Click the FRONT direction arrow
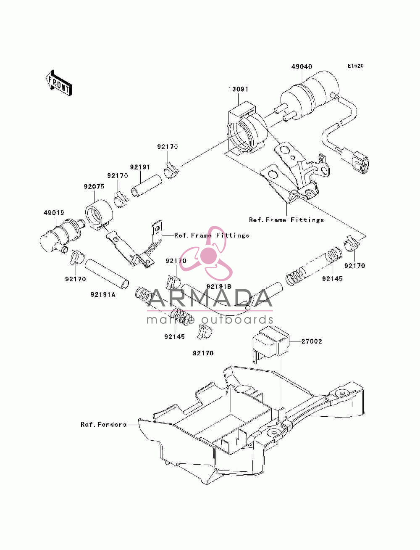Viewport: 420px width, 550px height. pos(59,83)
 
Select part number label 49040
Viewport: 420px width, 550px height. pos(302,67)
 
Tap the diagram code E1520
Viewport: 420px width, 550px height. pos(355,66)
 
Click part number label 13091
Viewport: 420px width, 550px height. pos(238,89)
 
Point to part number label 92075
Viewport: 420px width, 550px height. pos(94,186)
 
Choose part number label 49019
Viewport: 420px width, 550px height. pos(54,213)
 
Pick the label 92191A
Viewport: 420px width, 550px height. pos(103,295)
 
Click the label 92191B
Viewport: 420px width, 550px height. pos(219,286)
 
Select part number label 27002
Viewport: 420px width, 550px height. pos(312,341)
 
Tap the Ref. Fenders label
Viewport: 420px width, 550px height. pos(103,424)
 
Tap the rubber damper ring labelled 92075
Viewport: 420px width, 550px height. pos(99,214)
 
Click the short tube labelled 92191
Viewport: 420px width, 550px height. pos(147,186)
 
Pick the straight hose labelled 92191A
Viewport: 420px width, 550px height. pos(107,274)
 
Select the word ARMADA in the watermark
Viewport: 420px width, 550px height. pos(210,298)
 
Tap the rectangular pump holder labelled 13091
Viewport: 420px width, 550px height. pos(247,129)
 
